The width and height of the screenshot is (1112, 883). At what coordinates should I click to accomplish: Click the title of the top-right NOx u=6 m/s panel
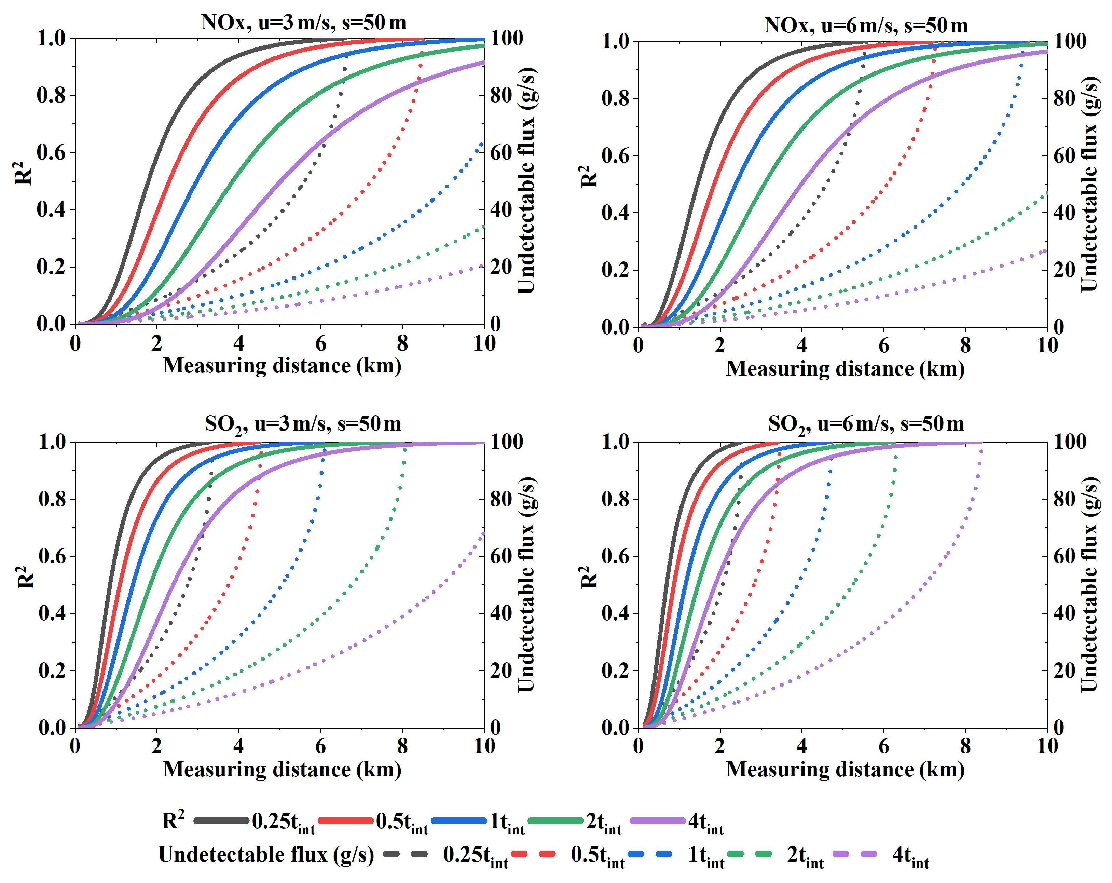tap(866, 25)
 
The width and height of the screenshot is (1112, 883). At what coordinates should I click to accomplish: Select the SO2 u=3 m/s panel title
tap(303, 424)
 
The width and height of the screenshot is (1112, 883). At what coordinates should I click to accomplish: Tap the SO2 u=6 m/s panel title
tap(866, 424)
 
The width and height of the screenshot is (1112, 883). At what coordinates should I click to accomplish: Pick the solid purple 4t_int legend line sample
tap(658, 820)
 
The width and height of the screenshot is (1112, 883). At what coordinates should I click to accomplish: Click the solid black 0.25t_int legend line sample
tap(221, 820)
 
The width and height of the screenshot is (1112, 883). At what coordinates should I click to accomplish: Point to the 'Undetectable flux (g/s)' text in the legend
tap(266, 855)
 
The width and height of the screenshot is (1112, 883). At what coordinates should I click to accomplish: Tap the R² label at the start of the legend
tap(173, 820)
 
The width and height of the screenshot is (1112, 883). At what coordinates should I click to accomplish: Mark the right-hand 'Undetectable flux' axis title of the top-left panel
tap(526, 180)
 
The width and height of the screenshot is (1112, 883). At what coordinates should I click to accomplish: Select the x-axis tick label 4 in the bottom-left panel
tap(239, 746)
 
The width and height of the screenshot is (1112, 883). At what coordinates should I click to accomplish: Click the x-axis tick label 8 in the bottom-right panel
tap(965, 746)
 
